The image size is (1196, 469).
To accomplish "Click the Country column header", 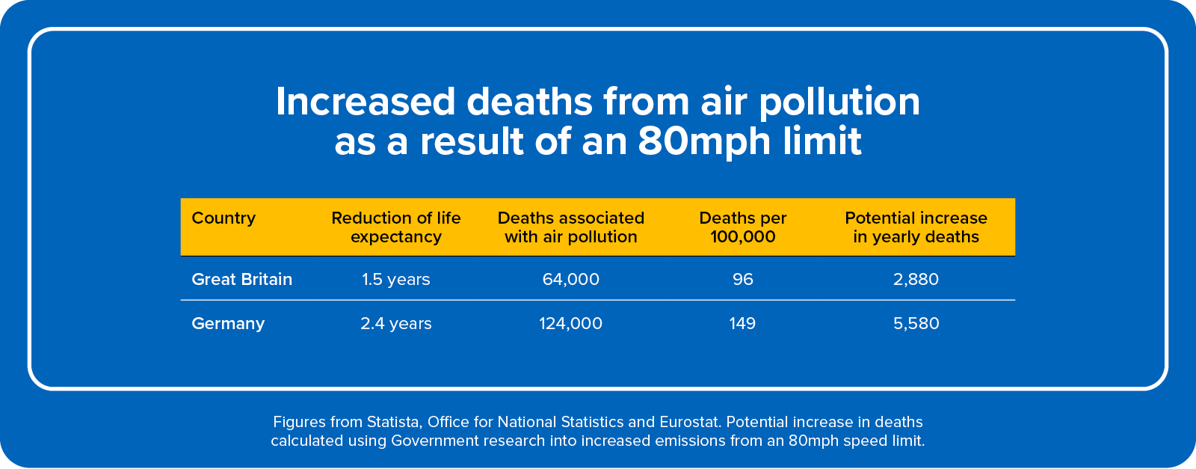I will (x=224, y=218).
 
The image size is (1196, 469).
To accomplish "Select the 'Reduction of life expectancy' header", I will (x=396, y=227).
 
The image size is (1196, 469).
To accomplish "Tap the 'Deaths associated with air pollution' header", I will (x=571, y=227).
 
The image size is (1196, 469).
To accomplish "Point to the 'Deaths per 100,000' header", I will (x=743, y=227).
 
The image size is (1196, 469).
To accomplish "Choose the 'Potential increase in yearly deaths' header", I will (x=916, y=227).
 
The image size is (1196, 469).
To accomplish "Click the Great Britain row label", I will (x=242, y=279).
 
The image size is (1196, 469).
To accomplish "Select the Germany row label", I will (x=228, y=323).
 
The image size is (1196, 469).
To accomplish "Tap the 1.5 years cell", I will (x=396, y=279).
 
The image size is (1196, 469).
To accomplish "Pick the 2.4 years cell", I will (x=396, y=323).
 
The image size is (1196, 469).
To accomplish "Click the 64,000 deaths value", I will (x=571, y=279).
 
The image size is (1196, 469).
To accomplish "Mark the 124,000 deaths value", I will (x=571, y=323).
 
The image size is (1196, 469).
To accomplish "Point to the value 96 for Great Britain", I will (x=743, y=279).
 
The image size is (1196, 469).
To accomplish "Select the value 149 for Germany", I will (x=743, y=323).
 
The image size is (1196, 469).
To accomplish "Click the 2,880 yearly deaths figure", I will (x=916, y=279).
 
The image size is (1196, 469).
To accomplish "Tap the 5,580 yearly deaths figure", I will (x=916, y=323).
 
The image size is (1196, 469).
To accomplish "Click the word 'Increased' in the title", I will (x=366, y=102).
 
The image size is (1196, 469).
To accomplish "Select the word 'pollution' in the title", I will (x=839, y=102).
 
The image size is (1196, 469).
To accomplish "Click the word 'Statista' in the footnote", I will (x=392, y=422).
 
